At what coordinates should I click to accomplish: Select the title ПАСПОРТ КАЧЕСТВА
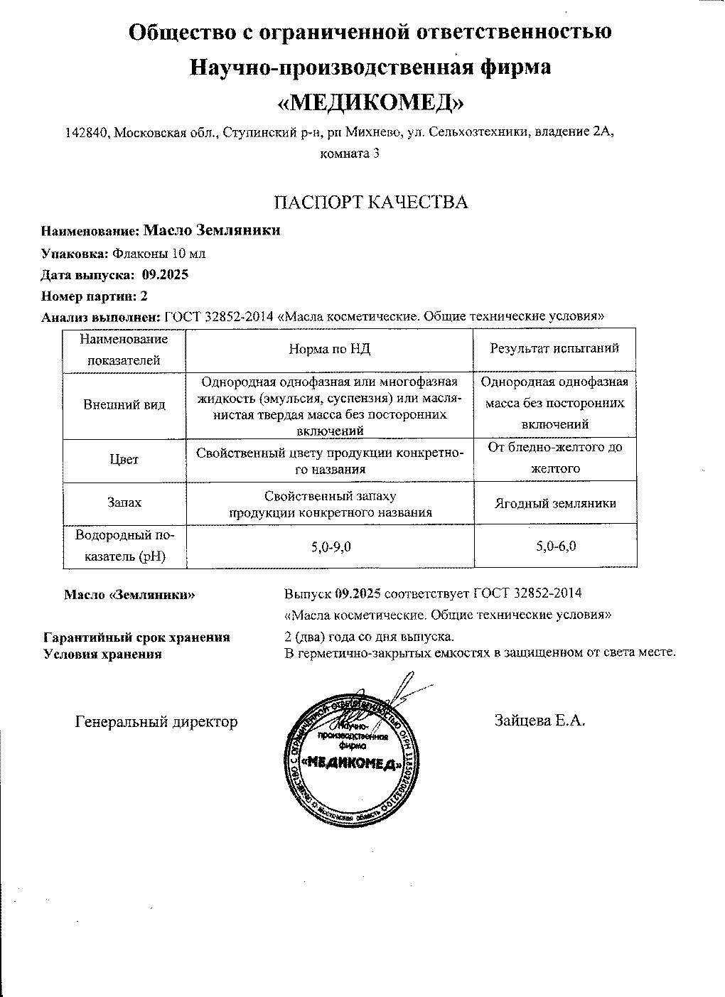371,203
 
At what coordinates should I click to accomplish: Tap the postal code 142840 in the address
86,132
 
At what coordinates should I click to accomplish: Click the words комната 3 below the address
350,153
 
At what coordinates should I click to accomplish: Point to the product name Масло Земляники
211,230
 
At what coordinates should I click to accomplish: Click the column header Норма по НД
329,349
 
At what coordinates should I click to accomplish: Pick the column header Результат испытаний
555,348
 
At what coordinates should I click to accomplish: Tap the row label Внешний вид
124,405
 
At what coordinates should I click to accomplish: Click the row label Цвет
124,459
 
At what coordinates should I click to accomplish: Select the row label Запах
124,502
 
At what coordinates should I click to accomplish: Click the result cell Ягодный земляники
555,503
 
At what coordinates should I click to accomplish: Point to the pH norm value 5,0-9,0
330,546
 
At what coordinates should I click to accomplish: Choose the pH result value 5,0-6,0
555,546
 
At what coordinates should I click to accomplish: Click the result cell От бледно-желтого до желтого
555,458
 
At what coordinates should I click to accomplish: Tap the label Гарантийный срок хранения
136,637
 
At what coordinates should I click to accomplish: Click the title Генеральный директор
156,721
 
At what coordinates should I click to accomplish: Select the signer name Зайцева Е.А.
539,721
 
